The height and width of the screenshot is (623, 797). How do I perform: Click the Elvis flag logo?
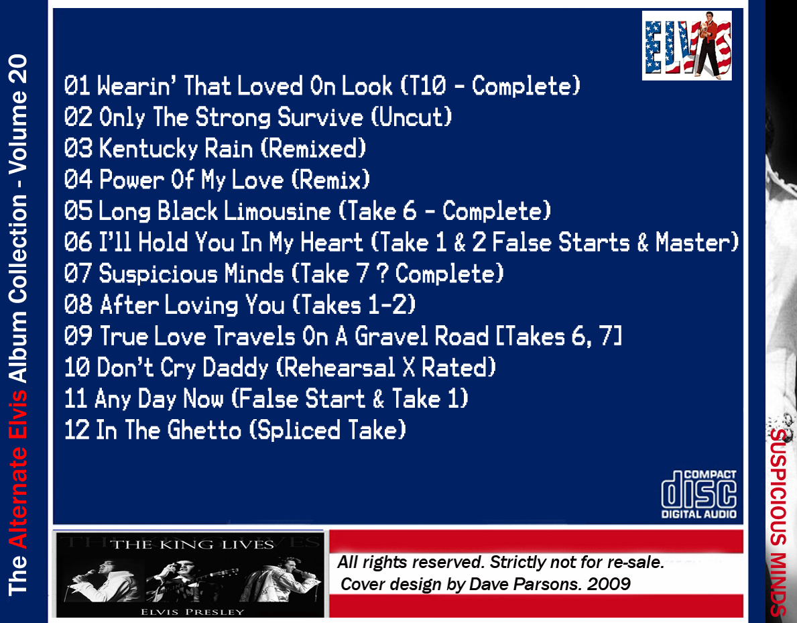[686, 45]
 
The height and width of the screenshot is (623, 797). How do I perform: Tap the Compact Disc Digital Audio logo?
[699, 494]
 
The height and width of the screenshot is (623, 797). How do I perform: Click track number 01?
[77, 85]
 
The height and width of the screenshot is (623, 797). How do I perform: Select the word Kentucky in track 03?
[148, 148]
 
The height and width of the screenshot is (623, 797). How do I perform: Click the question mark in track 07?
[382, 274]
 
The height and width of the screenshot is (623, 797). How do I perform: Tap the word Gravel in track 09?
[422, 336]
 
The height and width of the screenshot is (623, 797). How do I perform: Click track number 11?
[76, 399]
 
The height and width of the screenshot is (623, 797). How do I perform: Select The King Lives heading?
[192, 545]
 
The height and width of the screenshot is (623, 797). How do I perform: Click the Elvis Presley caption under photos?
[192, 612]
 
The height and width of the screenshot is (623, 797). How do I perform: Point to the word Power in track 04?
[131, 180]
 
